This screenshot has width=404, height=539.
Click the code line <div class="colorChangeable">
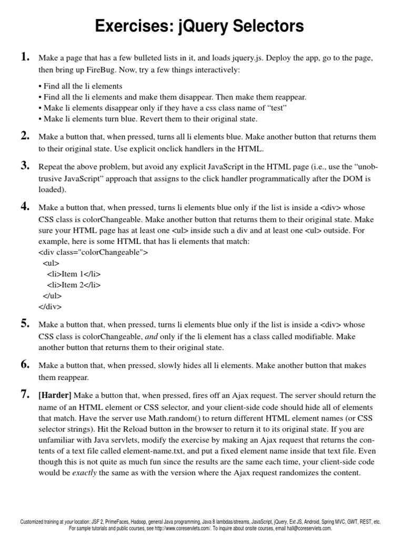(93, 252)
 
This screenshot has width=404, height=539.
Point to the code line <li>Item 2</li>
(74, 285)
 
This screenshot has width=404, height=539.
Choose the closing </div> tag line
(50, 306)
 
